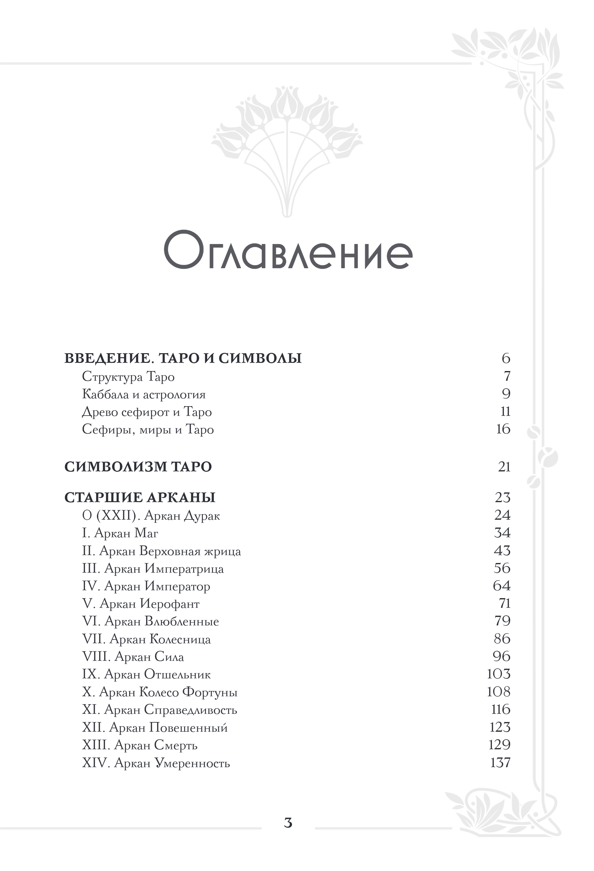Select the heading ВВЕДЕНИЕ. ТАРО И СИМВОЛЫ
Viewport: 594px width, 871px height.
(x=183, y=358)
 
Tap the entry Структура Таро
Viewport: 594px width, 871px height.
(x=128, y=376)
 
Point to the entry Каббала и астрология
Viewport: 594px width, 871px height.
(x=144, y=394)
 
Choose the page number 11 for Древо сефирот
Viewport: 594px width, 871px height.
(x=505, y=412)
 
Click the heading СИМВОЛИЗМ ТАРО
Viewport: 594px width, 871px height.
(x=138, y=467)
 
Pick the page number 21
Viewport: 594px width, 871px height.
(x=504, y=467)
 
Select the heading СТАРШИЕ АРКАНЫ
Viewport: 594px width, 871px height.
(x=140, y=497)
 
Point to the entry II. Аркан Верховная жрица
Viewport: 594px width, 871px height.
(x=161, y=551)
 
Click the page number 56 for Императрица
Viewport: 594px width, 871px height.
(x=502, y=568)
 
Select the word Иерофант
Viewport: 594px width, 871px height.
(x=169, y=604)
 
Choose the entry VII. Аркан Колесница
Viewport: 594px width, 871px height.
(x=146, y=639)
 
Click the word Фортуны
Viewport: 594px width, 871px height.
(x=210, y=692)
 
